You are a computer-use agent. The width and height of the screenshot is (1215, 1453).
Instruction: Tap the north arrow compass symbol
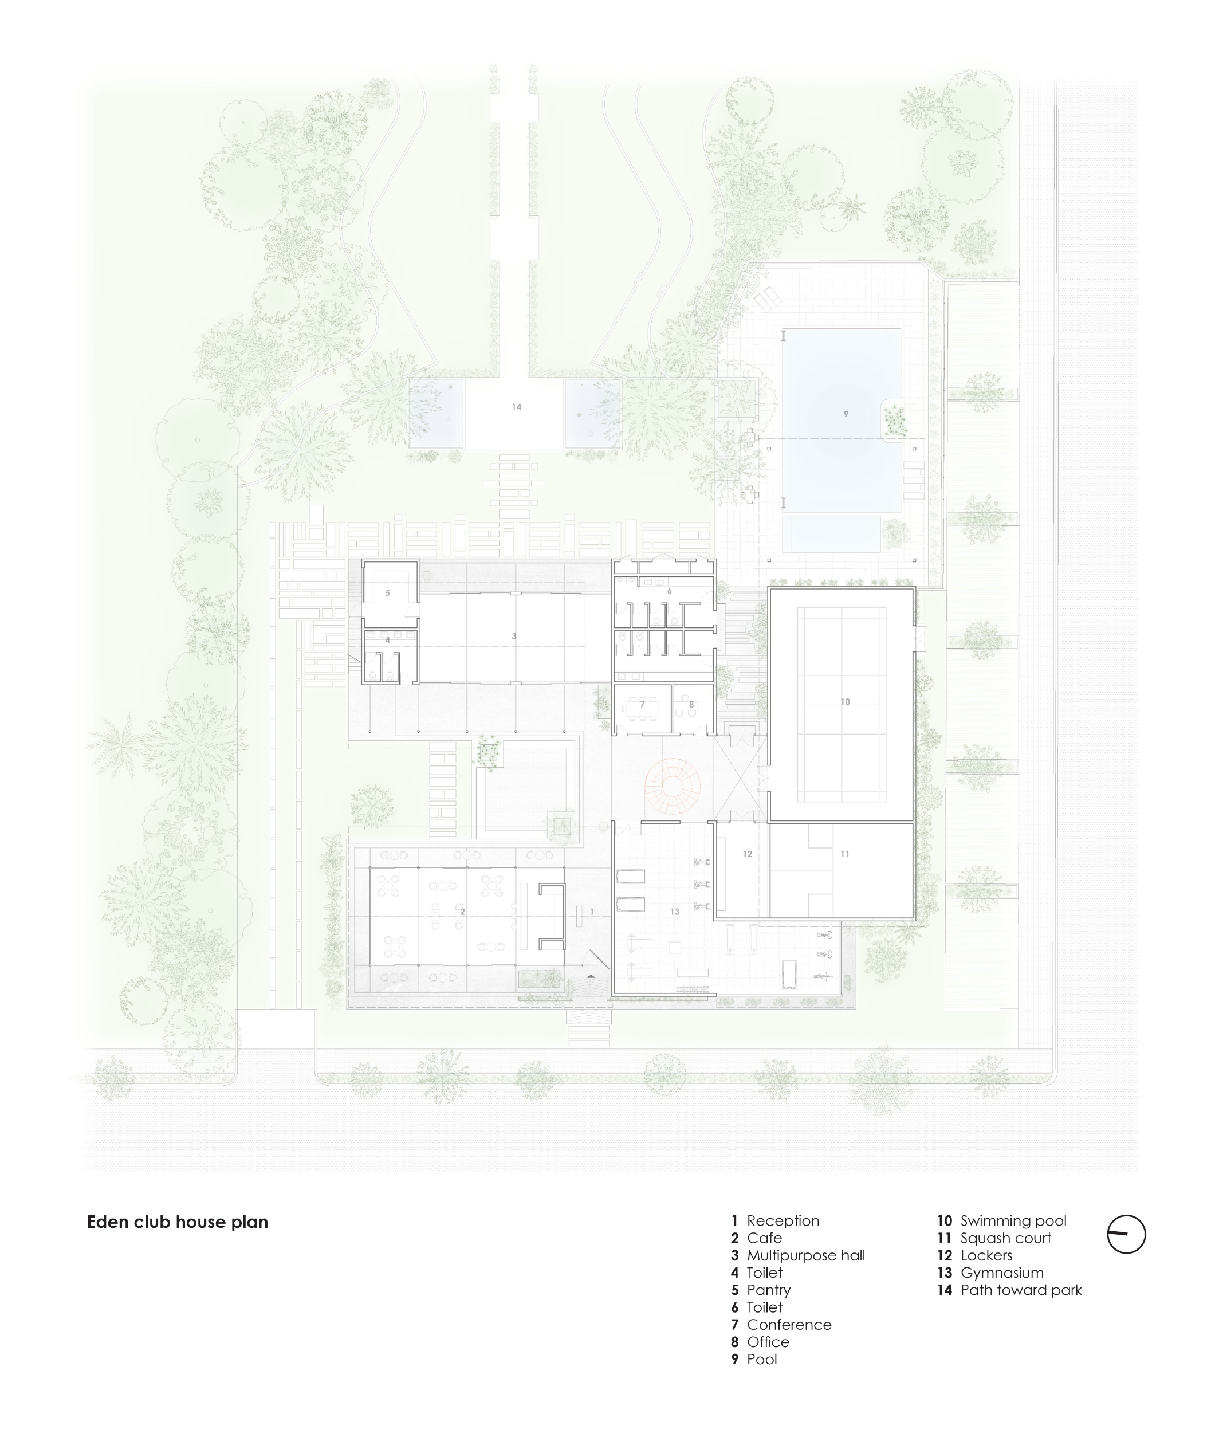pyautogui.click(x=1126, y=1234)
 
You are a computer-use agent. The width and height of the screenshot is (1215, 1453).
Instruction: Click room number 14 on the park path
pyautogui.click(x=516, y=407)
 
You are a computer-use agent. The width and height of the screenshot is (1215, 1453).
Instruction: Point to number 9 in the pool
pyautogui.click(x=846, y=414)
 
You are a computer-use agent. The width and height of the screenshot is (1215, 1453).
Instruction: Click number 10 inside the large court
pyautogui.click(x=845, y=702)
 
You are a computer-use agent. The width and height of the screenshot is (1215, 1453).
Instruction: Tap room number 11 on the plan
pyautogui.click(x=845, y=854)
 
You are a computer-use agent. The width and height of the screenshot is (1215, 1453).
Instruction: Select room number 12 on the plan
pyautogui.click(x=747, y=854)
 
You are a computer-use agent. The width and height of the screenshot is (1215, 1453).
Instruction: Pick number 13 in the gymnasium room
pyautogui.click(x=675, y=912)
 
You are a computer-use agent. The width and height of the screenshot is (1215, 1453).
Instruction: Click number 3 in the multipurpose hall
pyautogui.click(x=514, y=636)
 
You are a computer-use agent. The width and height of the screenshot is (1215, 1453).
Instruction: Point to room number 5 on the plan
pyautogui.click(x=387, y=593)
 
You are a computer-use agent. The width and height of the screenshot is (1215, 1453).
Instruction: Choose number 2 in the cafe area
pyautogui.click(x=462, y=912)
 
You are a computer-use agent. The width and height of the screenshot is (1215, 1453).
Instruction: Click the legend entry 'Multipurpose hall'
pyautogui.click(x=806, y=1255)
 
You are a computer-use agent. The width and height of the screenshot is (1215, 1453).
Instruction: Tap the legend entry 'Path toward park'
pyautogui.click(x=1021, y=1290)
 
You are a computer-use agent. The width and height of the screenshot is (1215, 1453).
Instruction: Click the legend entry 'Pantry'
pyautogui.click(x=769, y=1290)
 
